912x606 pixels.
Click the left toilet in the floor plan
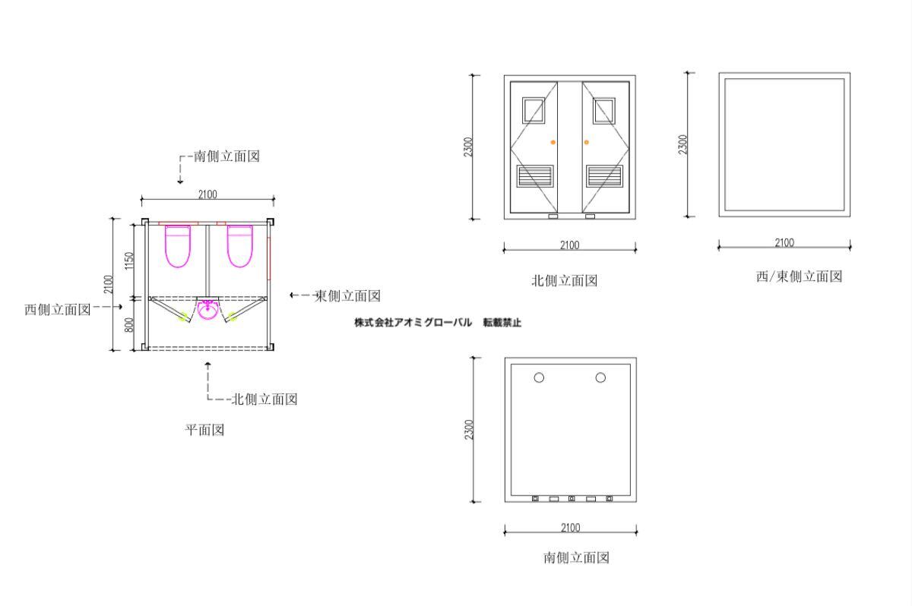[178, 247]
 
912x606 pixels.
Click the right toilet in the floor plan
[240, 247]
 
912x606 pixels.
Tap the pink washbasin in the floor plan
[207, 310]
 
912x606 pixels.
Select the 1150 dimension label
[129, 260]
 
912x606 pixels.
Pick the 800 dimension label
[129, 324]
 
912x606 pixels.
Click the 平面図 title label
[204, 430]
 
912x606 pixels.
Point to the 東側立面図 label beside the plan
[347, 295]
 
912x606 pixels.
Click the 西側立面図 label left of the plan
[58, 310]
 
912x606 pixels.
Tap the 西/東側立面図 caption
[799, 276]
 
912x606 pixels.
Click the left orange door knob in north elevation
[553, 142]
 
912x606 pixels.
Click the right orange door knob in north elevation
[586, 142]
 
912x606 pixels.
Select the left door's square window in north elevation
[534, 110]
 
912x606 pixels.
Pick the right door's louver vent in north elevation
[604, 176]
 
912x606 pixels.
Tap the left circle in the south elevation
[539, 378]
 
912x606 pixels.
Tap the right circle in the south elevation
[600, 378]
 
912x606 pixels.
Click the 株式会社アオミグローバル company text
[413, 323]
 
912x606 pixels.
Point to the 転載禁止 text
[502, 323]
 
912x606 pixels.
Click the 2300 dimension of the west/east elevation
[682, 144]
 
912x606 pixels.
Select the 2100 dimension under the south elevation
[571, 528]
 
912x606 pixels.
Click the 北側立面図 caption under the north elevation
[564, 281]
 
